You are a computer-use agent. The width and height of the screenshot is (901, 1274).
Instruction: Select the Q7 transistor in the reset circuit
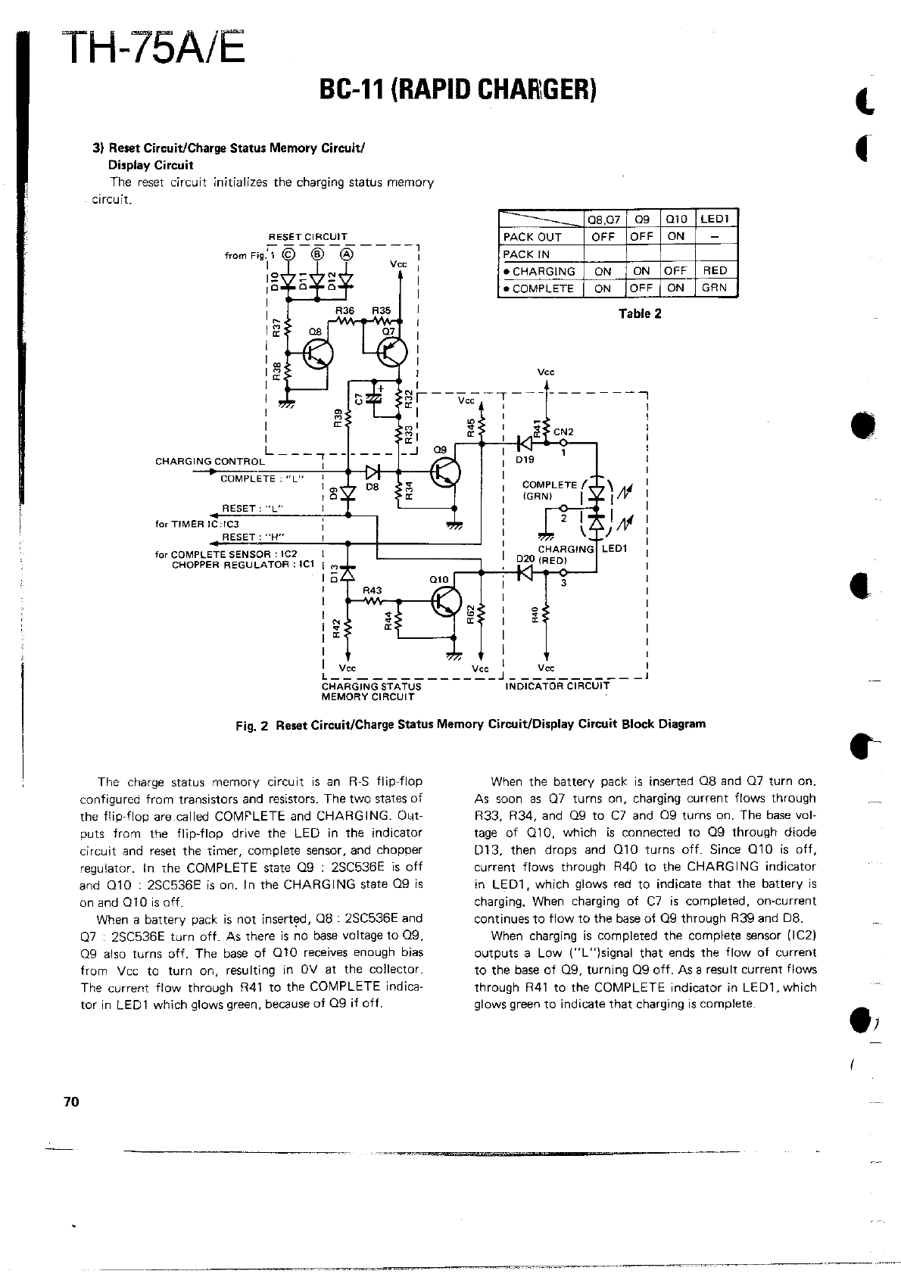pos(393,350)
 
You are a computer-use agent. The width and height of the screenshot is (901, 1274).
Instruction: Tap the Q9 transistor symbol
pos(445,472)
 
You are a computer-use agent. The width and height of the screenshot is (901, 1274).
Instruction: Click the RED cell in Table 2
pos(715,270)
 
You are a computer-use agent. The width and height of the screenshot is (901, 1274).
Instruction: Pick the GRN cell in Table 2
pos(715,288)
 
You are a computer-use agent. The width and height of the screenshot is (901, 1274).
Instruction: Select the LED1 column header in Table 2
pos(715,220)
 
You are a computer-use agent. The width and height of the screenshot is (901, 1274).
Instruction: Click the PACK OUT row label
pos(532,236)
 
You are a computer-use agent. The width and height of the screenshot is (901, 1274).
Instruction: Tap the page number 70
pos(71,1102)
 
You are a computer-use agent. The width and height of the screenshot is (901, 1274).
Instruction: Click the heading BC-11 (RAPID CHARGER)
pos(460,90)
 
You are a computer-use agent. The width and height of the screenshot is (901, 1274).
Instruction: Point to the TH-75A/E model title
pos(157,50)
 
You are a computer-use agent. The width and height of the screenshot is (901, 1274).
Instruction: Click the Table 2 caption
pos(640,313)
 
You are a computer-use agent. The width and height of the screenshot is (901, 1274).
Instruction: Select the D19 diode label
pos(525,459)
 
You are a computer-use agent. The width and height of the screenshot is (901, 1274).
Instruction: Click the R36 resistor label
pos(344,310)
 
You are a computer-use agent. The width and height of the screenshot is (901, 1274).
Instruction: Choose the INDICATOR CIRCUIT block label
pos(556,687)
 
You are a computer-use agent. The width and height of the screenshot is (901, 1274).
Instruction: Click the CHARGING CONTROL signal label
pos(210,461)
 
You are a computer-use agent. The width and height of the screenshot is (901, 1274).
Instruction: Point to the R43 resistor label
pos(373,590)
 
